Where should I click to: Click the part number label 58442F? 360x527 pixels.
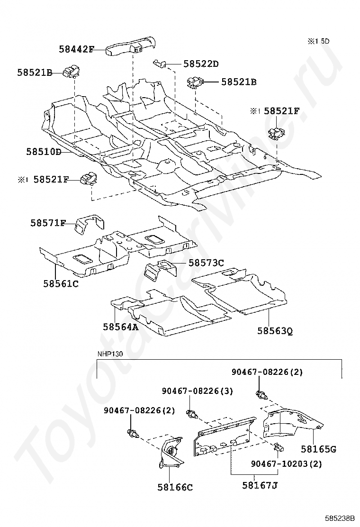(x=77, y=48)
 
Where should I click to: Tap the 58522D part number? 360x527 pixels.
(x=201, y=64)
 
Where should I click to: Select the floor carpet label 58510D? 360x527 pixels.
(x=44, y=152)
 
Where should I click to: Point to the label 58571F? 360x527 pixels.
(x=48, y=223)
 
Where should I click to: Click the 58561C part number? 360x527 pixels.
(x=61, y=283)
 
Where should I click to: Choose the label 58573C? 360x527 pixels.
(x=206, y=262)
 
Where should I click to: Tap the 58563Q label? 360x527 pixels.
(x=275, y=330)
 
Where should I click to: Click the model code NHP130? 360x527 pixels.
(x=109, y=354)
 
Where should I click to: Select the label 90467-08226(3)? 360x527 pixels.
(x=197, y=391)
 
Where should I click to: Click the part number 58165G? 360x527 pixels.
(x=318, y=448)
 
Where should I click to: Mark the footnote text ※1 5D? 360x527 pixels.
(x=318, y=41)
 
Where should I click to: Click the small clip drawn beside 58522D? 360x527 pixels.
(x=160, y=63)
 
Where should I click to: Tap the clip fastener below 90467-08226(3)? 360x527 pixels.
(x=191, y=413)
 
